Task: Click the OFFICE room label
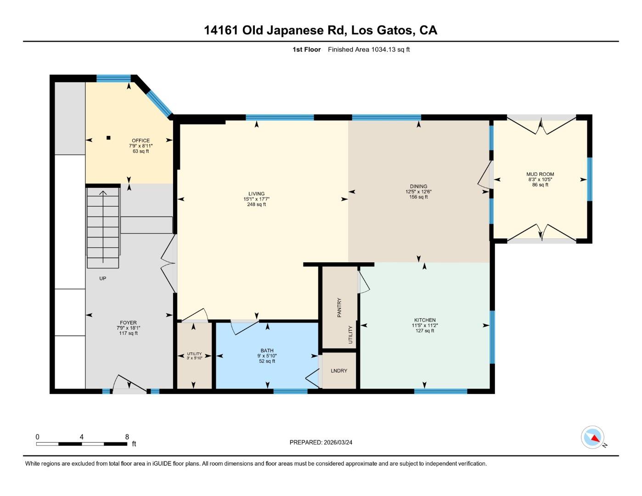coord(141,141)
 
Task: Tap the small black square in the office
coord(108,137)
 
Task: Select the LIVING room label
coord(256,194)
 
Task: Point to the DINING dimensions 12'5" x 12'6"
coord(418,192)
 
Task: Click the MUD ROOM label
coord(540,174)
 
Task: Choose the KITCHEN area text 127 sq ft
coord(425,331)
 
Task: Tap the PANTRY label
coord(339,308)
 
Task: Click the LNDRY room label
coord(339,371)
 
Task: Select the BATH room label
coord(267,350)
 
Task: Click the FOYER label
coord(129,323)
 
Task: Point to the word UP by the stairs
coord(103,278)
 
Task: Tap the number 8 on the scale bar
coord(127,437)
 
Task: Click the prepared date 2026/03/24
coord(338,442)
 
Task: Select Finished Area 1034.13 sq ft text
coord(368,50)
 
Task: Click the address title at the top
coord(321,30)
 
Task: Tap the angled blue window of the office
coord(159,103)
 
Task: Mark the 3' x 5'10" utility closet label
coord(194,358)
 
